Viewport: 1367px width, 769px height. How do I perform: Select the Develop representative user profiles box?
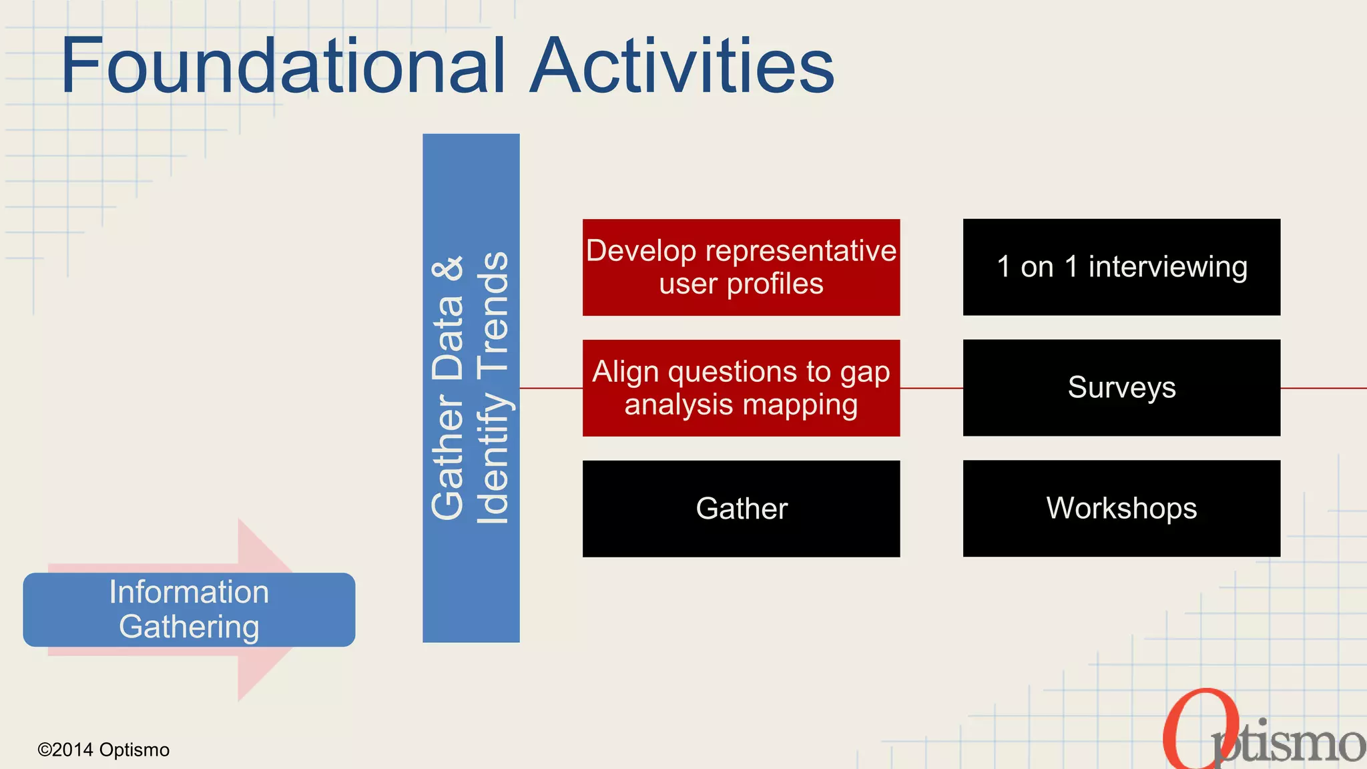(x=741, y=267)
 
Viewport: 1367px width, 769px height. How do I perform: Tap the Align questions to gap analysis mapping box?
(x=741, y=388)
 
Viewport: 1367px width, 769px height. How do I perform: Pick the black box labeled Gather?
(x=741, y=509)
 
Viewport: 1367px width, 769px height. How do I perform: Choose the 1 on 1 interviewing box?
(x=1121, y=267)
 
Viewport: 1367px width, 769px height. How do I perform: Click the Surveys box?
(x=1121, y=388)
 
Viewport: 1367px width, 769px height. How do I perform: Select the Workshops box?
(x=1121, y=509)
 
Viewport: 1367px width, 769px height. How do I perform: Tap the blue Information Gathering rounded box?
(x=189, y=609)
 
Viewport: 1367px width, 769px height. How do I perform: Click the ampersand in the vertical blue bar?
(x=448, y=268)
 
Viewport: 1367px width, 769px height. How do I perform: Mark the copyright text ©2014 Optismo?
(x=103, y=750)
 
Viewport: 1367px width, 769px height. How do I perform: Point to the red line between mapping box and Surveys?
(x=931, y=388)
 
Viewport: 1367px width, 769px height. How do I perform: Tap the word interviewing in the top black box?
(x=1168, y=267)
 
